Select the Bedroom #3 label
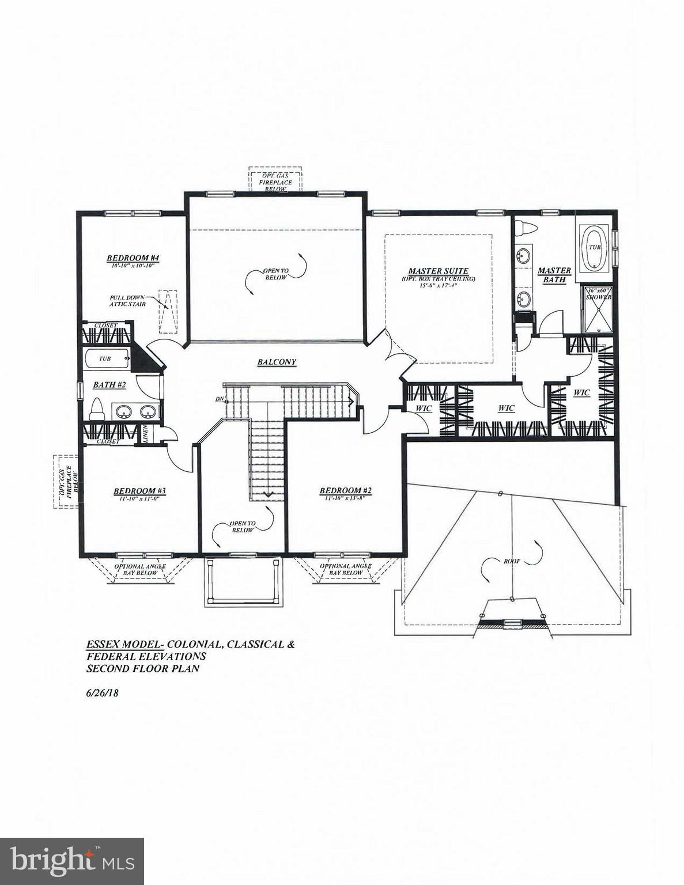[139, 491]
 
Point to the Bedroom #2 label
[346, 491]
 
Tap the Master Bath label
[554, 275]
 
